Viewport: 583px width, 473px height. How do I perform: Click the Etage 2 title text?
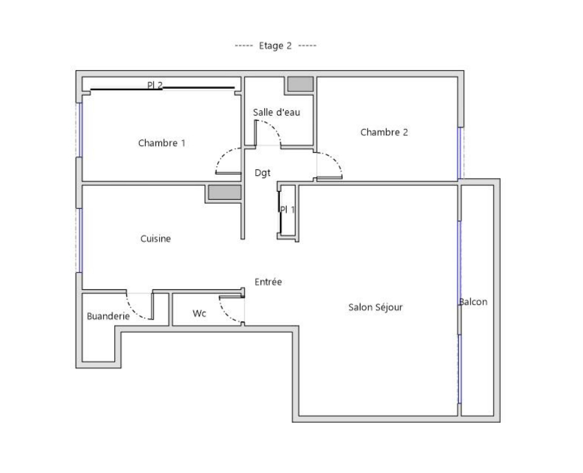point(275,46)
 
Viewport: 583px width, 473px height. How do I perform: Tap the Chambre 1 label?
point(161,143)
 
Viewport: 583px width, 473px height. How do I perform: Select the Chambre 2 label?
point(384,132)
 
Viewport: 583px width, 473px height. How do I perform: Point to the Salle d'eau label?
point(276,112)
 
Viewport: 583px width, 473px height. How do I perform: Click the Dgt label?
point(262,173)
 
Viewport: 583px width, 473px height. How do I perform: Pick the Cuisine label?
point(155,239)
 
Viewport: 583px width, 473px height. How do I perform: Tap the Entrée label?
point(268,282)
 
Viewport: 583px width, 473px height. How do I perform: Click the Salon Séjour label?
point(376,307)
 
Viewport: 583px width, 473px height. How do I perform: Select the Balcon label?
point(473,301)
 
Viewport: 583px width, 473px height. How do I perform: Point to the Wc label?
point(200,314)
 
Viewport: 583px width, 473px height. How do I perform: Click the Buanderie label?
point(108,316)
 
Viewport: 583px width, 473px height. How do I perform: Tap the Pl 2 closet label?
point(155,85)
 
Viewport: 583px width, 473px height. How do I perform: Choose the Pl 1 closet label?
point(287,210)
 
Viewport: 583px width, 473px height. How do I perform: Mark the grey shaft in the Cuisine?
point(224,192)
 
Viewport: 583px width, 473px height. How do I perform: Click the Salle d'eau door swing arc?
point(273,127)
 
